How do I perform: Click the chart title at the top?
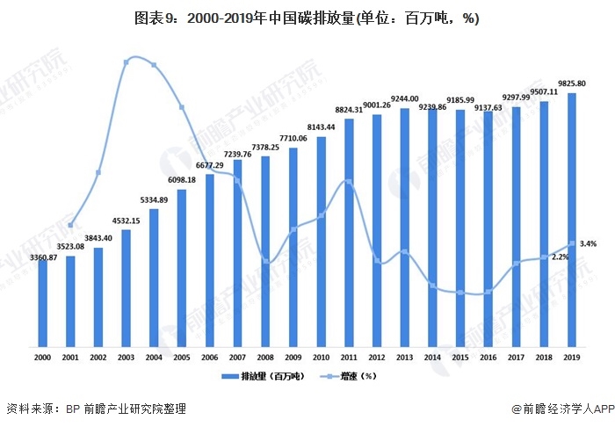pyautogui.click(x=307, y=18)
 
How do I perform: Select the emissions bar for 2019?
pyautogui.click(x=572, y=220)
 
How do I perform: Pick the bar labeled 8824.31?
pyautogui.click(x=349, y=233)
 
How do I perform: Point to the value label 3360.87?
pyautogui.click(x=43, y=257)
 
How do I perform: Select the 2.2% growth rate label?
pyautogui.click(x=560, y=257)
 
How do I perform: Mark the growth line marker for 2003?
pyautogui.click(x=127, y=61)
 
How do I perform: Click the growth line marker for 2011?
pyautogui.click(x=349, y=182)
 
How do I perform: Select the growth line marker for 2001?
pyautogui.click(x=70, y=225)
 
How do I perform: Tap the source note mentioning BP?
pyautogui.click(x=97, y=409)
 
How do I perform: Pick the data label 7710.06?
pyautogui.click(x=293, y=139)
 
